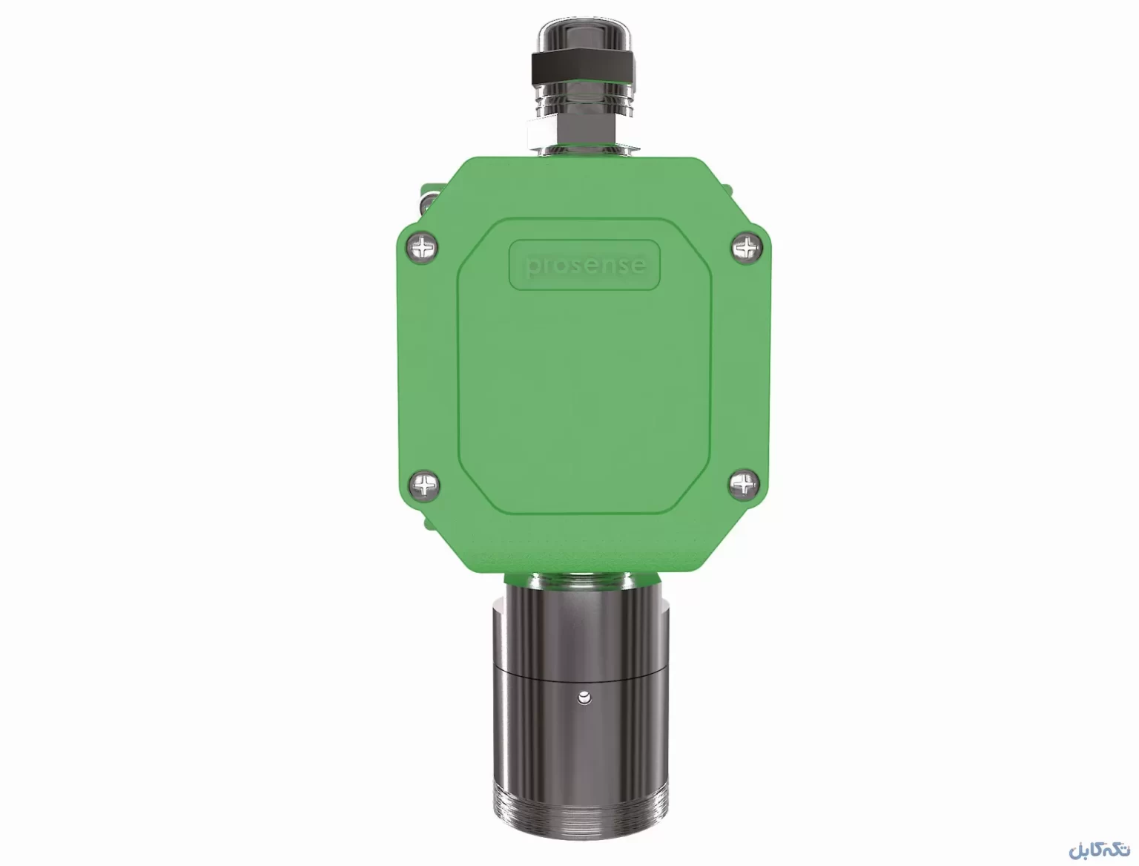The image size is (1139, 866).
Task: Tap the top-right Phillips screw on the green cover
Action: click(x=747, y=247)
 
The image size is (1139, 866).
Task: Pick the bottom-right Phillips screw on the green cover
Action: click(x=745, y=485)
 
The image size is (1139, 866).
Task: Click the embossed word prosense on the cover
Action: click(x=585, y=266)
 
